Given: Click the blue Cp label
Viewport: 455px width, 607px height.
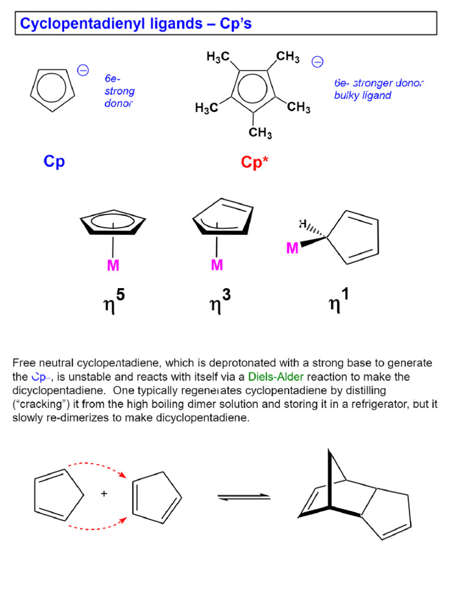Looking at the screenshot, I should (x=54, y=161).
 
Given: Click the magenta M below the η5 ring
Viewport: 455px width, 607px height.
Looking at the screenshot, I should (x=113, y=266).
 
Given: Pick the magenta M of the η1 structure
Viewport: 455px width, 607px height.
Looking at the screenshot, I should (x=292, y=249).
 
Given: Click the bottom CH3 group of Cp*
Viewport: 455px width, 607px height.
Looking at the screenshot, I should (x=260, y=133).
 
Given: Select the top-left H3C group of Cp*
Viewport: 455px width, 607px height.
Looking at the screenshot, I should (x=218, y=57).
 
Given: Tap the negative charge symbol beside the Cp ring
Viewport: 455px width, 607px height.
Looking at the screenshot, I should (x=83, y=71).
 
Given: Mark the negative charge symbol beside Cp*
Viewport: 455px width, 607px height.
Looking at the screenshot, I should (x=318, y=62).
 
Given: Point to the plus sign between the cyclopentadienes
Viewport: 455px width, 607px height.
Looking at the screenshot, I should (x=104, y=493).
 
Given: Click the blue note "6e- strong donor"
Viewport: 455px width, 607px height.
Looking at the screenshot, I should (x=119, y=91).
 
